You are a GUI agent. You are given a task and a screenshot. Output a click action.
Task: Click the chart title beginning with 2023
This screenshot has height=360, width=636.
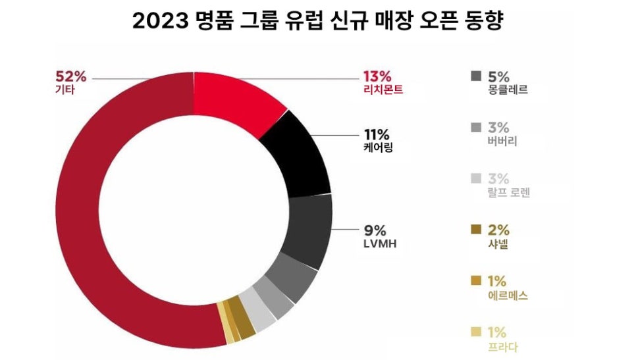pos(317,21)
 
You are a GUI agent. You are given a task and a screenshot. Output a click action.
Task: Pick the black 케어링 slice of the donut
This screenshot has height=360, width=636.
pos(300,155)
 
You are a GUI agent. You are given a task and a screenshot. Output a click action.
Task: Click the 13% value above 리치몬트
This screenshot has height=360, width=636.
pos(377,76)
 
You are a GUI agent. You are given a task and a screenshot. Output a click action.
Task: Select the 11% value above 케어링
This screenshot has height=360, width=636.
pos(377,134)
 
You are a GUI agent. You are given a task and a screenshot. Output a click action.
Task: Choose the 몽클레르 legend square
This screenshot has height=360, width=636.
pos(476,76)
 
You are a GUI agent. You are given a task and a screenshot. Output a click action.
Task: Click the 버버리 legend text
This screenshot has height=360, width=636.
pos(499,141)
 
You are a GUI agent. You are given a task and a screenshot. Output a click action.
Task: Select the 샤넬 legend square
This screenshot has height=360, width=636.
pos(476,230)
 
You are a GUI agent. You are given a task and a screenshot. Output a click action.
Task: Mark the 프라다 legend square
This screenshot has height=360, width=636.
pos(476,332)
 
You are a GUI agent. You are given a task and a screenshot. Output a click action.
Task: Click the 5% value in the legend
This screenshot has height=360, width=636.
pos(499,75)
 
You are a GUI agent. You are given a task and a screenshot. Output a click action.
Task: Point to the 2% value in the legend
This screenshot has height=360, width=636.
pos(499,230)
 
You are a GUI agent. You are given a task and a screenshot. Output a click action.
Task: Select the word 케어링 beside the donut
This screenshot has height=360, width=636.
pos(377,148)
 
